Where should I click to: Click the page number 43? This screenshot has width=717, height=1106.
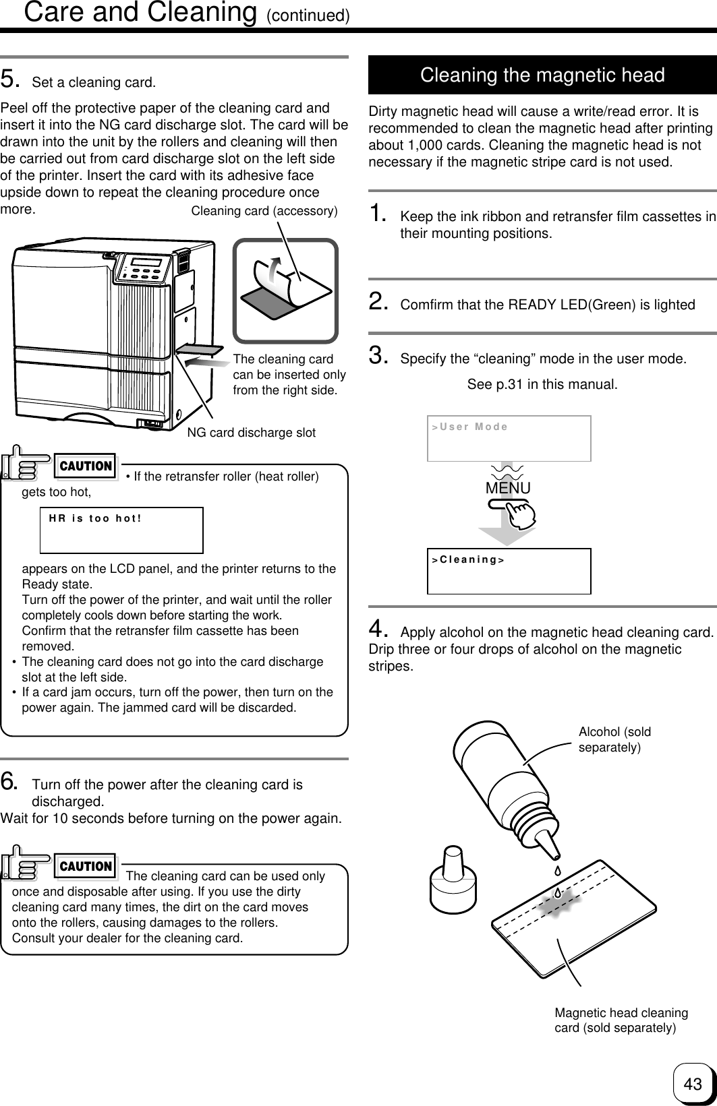(x=692, y=1084)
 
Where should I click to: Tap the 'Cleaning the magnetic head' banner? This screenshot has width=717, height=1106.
(x=542, y=75)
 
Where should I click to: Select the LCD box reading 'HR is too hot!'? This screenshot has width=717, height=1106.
(x=121, y=530)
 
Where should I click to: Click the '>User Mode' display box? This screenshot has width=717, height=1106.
(x=509, y=438)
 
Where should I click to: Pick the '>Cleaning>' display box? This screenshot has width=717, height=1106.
(x=509, y=571)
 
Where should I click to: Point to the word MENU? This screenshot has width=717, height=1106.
(x=508, y=488)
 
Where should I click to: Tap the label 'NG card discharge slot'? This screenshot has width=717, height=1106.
(x=251, y=433)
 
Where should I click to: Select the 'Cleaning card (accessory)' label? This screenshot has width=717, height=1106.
(x=264, y=212)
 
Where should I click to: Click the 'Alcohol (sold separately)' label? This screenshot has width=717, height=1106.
(x=614, y=739)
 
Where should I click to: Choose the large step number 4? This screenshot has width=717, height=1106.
(x=378, y=630)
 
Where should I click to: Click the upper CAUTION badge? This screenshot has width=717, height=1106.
(x=86, y=466)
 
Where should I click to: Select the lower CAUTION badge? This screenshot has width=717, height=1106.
(x=86, y=866)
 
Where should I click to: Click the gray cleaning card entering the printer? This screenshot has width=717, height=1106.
(x=200, y=349)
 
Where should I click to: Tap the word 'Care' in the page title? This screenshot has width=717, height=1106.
(x=55, y=12)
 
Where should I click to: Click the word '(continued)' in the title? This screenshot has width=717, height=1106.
(x=308, y=16)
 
